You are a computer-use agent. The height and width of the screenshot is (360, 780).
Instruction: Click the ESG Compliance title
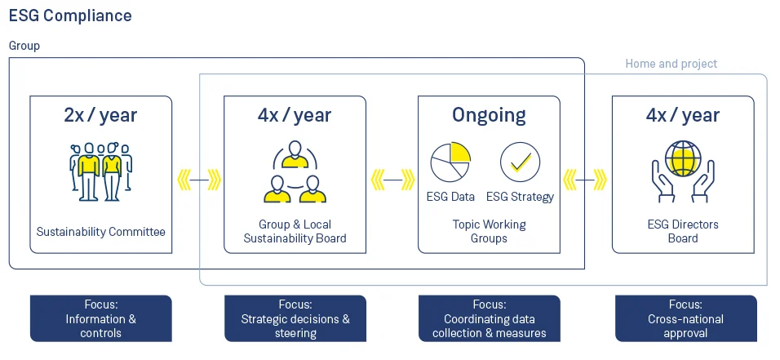pyautogui.click(x=70, y=16)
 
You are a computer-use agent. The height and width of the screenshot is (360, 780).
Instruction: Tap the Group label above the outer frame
pyautogui.click(x=24, y=46)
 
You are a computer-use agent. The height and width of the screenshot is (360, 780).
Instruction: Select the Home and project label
pyautogui.click(x=671, y=64)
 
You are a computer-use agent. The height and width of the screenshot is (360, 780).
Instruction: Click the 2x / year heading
pyautogui.click(x=100, y=115)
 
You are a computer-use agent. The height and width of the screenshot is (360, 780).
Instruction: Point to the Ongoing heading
pyautogui.click(x=489, y=115)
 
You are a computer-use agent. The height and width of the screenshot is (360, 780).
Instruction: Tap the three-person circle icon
pyautogui.click(x=295, y=173)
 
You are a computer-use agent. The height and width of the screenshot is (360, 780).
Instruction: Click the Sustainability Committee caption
pyautogui.click(x=100, y=232)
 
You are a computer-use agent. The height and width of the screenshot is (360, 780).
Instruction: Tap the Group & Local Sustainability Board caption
pyautogui.click(x=295, y=231)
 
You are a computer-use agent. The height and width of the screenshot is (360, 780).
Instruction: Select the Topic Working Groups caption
pyautogui.click(x=489, y=231)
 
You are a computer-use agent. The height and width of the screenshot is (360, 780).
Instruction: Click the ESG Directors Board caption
pyautogui.click(x=683, y=231)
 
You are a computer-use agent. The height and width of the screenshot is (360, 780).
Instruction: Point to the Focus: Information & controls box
pyautogui.click(x=100, y=318)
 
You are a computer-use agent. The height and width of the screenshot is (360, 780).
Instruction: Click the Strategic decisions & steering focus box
pyautogui.click(x=295, y=318)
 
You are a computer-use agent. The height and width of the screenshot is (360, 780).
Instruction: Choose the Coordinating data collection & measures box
pyautogui.click(x=489, y=318)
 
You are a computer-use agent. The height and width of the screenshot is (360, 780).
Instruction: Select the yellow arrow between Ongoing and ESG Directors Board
pyautogui.click(x=586, y=179)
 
